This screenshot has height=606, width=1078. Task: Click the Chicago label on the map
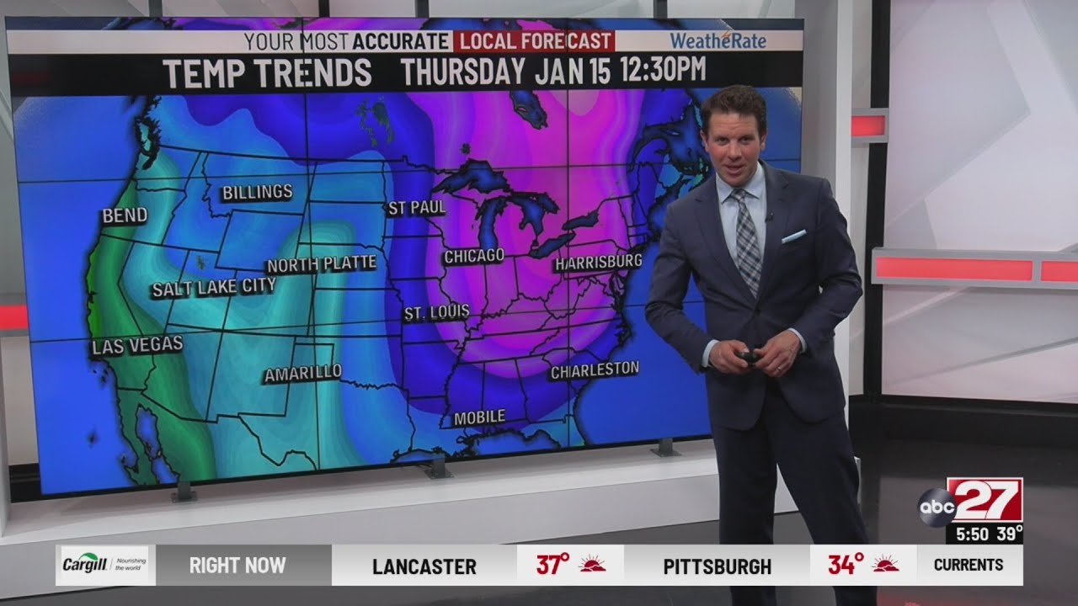[474, 256]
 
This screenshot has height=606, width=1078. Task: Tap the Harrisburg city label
[598, 263]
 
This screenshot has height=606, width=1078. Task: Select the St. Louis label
[435, 313]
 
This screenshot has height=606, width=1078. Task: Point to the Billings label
[257, 193]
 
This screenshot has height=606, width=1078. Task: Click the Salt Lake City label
[213, 288]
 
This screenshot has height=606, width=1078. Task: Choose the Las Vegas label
[137, 345]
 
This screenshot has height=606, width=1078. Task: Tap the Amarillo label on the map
[303, 373]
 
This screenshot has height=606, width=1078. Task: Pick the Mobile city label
[479, 417]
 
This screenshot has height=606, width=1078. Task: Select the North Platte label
[322, 264]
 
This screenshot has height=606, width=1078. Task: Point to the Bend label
[125, 216]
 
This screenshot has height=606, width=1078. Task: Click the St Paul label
[416, 208]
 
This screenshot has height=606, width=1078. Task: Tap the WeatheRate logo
[718, 40]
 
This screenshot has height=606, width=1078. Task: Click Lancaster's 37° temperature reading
[553, 565]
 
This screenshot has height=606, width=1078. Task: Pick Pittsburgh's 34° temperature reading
[845, 565]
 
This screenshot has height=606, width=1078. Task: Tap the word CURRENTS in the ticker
[969, 565]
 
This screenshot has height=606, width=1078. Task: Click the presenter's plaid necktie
[746, 240]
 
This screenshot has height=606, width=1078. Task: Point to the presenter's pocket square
[793, 237]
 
